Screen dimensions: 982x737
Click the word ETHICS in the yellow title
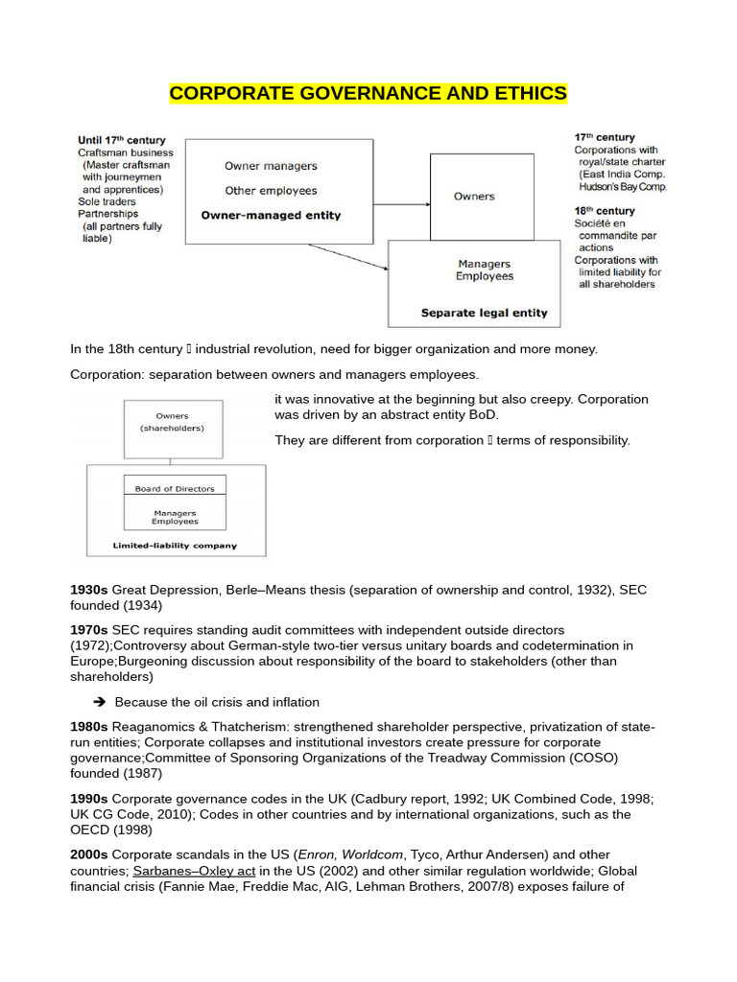(531, 93)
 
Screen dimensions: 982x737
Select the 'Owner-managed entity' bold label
(271, 216)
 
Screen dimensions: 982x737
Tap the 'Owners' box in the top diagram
(474, 196)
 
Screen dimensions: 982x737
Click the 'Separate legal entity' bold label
(485, 313)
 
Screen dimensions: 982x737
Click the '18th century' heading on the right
(604, 211)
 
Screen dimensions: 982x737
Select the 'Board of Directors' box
(175, 489)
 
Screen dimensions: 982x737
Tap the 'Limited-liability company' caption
(175, 546)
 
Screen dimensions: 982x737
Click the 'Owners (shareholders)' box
(173, 422)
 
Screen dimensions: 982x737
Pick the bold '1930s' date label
(89, 590)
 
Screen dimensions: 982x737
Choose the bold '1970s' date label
(89, 630)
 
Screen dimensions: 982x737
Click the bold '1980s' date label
(89, 727)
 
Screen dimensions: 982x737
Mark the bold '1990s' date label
(89, 799)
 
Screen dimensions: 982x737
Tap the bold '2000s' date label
(89, 854)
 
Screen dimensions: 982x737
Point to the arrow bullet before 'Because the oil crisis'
(100, 703)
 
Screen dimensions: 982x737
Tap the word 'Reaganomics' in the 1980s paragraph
(153, 727)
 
